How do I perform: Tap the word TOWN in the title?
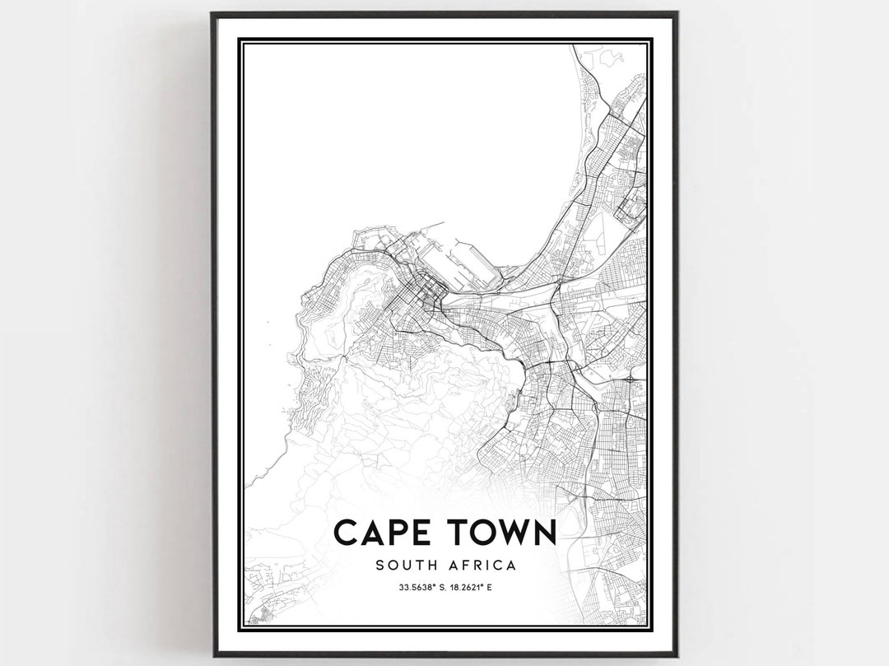(500, 532)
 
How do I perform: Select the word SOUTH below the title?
(403, 566)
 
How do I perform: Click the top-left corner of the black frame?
(212, 13)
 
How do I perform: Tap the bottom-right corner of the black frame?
(677, 654)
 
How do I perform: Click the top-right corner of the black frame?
(677, 13)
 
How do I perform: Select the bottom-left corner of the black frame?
(212, 654)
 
